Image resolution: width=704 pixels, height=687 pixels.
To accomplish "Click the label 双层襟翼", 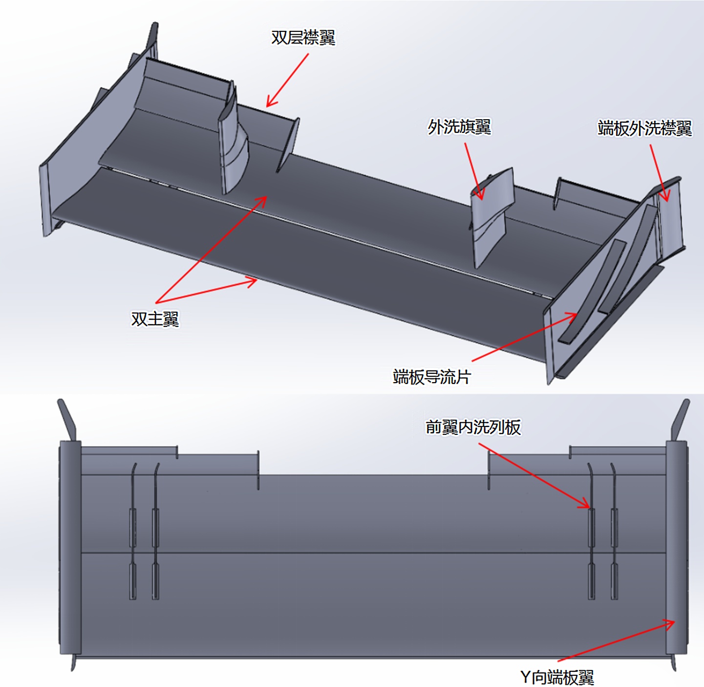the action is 303,38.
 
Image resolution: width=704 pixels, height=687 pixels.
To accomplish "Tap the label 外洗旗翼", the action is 459,127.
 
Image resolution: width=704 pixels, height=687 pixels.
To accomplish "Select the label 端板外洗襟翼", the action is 645,129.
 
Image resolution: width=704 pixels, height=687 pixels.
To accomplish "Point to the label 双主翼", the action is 155,319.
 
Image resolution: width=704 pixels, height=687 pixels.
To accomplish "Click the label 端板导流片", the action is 431,377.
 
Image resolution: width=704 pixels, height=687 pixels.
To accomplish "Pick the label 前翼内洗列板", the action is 473,427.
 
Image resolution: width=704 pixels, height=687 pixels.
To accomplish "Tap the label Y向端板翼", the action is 557,677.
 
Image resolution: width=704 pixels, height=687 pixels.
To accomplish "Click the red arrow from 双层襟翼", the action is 287,80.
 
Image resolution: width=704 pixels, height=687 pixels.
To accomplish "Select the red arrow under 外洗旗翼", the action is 474,171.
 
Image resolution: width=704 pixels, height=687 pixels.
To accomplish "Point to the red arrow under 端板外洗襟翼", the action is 660,173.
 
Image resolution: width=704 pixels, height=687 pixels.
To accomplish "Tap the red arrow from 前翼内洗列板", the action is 534,475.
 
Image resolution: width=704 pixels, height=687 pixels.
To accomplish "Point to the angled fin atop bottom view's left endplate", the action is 67,420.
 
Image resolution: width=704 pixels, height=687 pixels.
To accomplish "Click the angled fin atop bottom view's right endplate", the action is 680,420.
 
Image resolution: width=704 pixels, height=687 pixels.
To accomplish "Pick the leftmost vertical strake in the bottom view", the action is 133,531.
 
